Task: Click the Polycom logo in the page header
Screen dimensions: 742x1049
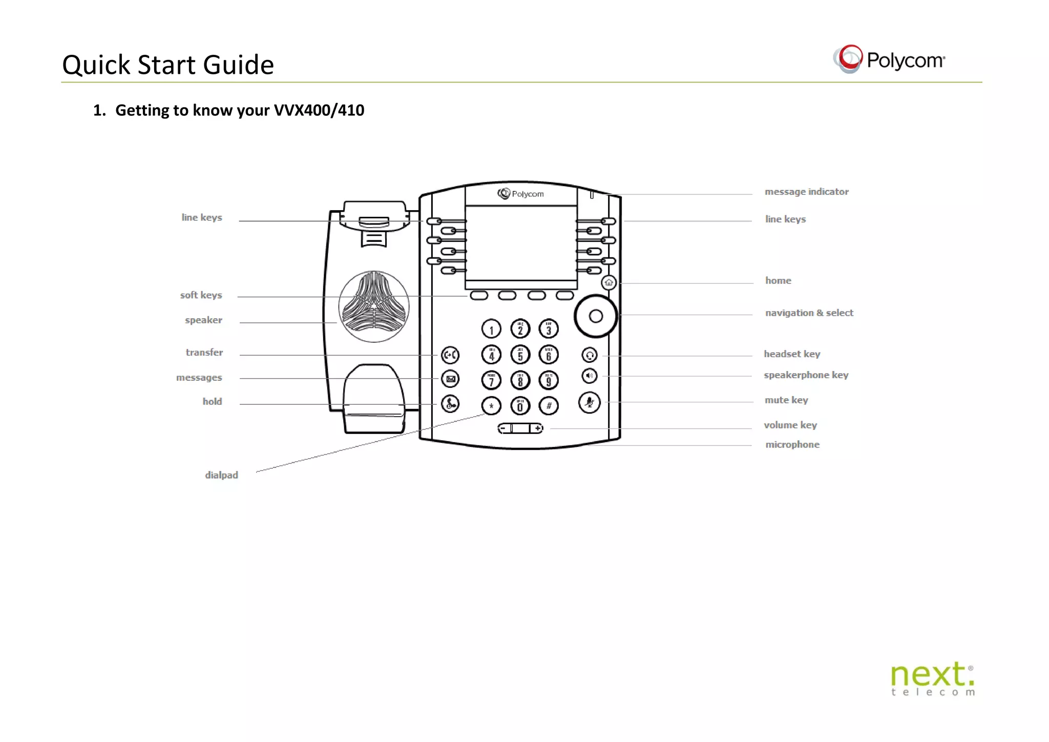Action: (889, 59)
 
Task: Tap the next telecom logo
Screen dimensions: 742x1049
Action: (932, 678)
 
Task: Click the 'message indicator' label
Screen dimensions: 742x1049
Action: (806, 192)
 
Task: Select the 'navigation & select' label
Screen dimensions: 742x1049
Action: (809, 313)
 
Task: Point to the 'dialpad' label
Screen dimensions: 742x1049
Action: (221, 475)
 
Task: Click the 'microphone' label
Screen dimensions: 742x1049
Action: (792, 444)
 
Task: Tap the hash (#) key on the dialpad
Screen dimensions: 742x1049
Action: (549, 406)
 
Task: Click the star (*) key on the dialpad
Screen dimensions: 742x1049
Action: (491, 406)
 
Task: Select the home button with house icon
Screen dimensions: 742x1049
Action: (609, 282)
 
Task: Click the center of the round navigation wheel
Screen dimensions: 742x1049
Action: (596, 316)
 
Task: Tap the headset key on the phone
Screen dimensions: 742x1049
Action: (590, 355)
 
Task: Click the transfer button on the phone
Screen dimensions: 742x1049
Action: (450, 355)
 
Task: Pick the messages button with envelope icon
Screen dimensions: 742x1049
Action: (450, 379)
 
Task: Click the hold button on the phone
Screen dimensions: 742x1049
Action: (450, 404)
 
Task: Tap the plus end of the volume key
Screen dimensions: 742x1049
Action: (537, 428)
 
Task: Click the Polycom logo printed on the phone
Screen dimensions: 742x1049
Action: (520, 194)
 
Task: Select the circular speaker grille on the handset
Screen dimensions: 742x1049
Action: (374, 306)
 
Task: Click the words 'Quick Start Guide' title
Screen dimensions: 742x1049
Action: (168, 65)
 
